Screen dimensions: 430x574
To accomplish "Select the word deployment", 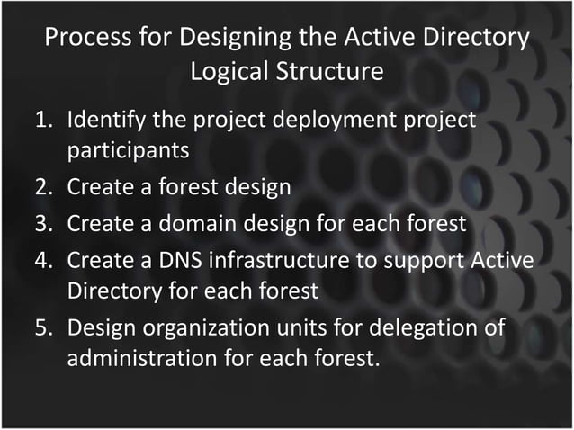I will click(x=327, y=121).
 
